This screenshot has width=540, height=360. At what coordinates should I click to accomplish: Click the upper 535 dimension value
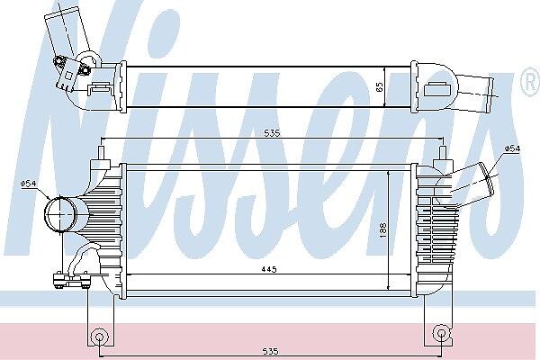(272, 132)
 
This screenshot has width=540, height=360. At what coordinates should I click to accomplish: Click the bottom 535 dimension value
(270, 351)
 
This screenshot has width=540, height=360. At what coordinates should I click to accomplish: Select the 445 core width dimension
(268, 269)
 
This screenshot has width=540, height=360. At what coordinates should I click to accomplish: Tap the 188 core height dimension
(382, 230)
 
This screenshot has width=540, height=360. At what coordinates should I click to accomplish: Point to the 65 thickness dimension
(380, 86)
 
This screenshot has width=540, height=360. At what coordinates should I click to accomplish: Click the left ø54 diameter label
(28, 184)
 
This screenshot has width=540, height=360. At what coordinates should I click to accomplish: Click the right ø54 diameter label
(512, 148)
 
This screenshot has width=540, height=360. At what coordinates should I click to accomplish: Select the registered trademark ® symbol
(531, 82)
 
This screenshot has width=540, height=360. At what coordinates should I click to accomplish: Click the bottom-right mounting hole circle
(441, 333)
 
